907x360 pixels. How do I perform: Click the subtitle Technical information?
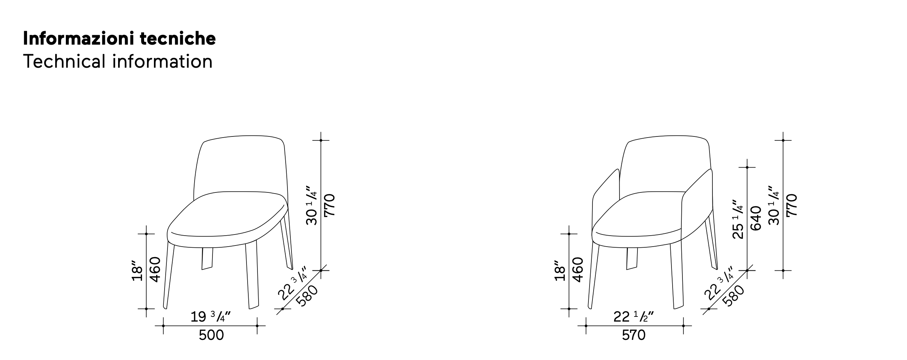point(118,61)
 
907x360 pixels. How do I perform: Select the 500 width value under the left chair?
point(211,335)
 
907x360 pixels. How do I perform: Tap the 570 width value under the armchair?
point(634,335)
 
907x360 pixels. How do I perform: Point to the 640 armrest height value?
point(756,218)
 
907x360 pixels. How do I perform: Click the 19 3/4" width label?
point(211,316)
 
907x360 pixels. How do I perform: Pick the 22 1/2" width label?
point(633,316)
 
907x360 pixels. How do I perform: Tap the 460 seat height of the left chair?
point(155,270)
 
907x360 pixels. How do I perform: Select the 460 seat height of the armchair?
point(578,270)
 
